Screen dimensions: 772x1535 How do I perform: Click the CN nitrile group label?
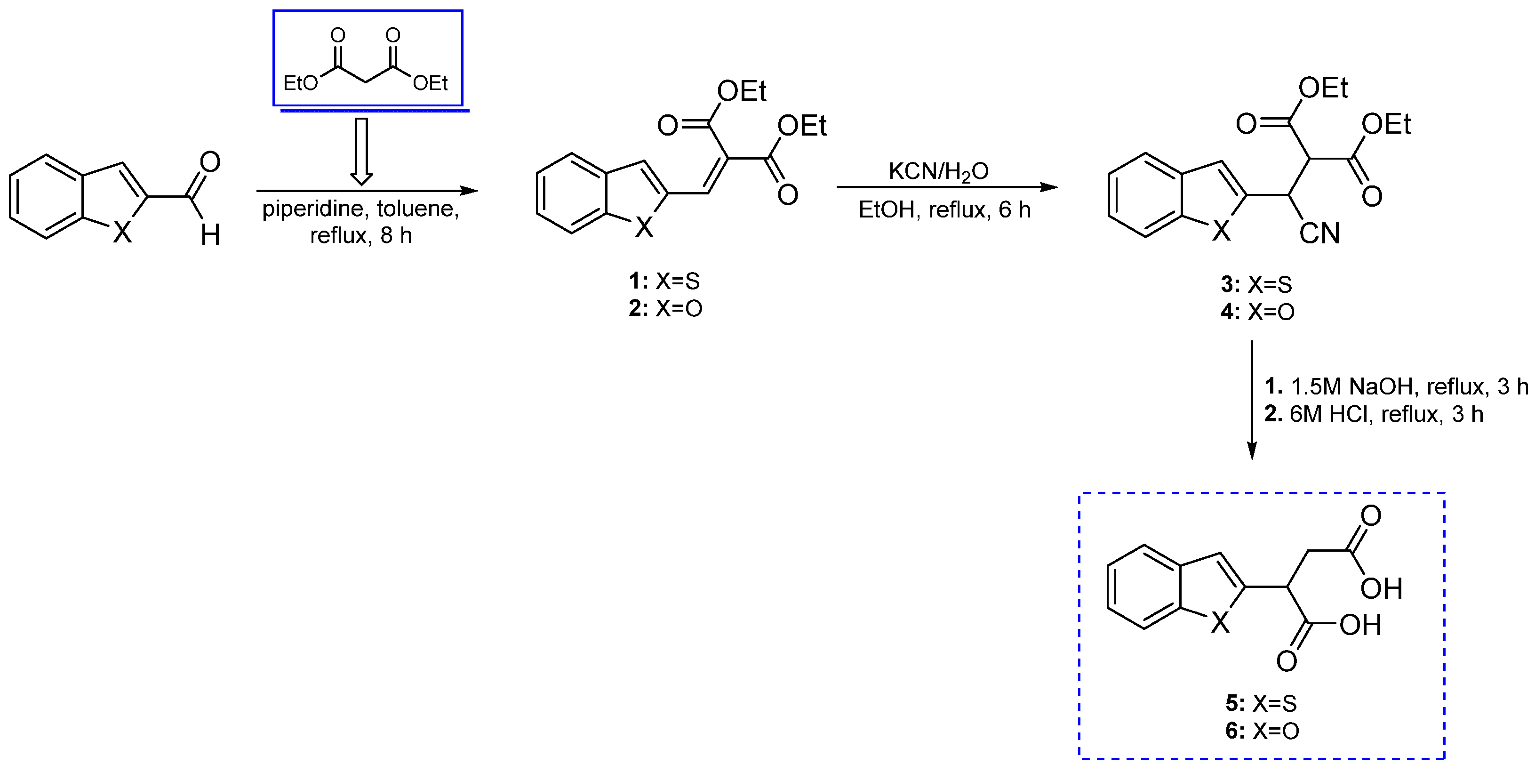(x=1319, y=233)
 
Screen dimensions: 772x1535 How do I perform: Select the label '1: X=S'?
(x=664, y=281)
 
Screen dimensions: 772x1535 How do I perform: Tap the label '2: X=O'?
(x=665, y=308)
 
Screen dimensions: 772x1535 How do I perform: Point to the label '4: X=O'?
(x=1257, y=312)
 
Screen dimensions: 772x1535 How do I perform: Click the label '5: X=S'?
(x=1261, y=703)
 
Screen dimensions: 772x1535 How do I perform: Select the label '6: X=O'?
(x=1262, y=731)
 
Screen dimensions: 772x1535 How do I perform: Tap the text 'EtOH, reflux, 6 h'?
(x=944, y=209)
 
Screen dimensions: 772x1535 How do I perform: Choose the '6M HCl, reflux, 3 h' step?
(x=1374, y=414)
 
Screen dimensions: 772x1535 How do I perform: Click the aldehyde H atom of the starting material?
(x=210, y=235)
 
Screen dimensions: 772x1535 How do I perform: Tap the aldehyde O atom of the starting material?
(x=210, y=161)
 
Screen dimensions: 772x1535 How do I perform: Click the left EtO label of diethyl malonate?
(x=300, y=83)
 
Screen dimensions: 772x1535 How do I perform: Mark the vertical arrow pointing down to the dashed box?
(x=1252, y=399)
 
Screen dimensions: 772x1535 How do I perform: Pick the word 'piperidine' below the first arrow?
(x=313, y=209)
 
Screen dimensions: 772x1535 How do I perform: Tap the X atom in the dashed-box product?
(x=1220, y=623)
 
